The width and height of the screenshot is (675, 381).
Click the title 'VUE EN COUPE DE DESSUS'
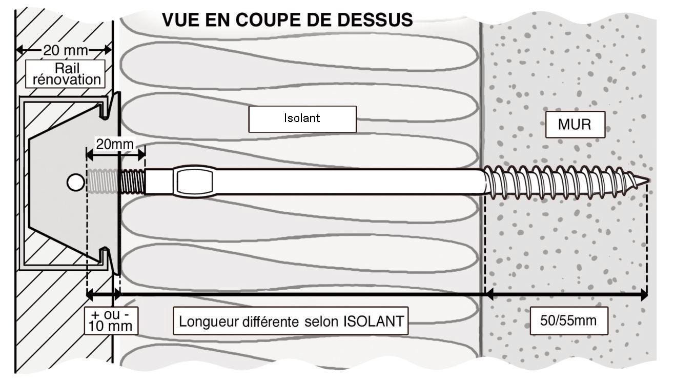pyautogui.click(x=288, y=20)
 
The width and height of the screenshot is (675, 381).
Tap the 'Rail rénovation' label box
pyautogui.click(x=65, y=74)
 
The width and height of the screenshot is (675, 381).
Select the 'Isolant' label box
pyautogui.click(x=302, y=119)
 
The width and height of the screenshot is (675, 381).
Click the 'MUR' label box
pyautogui.click(x=575, y=125)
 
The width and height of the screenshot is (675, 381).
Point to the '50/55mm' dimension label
pyautogui.click(x=569, y=320)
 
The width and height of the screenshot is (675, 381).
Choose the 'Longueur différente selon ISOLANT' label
pyautogui.click(x=291, y=321)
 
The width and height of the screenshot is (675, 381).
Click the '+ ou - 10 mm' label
pyautogui.click(x=111, y=320)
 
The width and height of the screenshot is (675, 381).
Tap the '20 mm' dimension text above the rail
pyautogui.click(x=66, y=50)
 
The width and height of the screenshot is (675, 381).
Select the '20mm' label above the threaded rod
pyautogui.click(x=114, y=144)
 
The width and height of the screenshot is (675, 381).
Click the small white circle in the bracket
pyautogui.click(x=75, y=183)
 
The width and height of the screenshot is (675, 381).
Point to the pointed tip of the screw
pyautogui.click(x=648, y=181)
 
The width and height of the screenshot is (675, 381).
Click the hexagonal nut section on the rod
pyautogui.click(x=195, y=182)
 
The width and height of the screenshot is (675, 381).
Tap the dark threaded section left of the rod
pyautogui.click(x=133, y=182)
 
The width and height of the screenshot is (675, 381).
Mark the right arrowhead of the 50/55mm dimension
pyautogui.click(x=643, y=294)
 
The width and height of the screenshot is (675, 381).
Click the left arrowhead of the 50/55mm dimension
pyautogui.click(x=489, y=294)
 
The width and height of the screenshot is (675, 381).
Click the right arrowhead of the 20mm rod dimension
pyautogui.click(x=141, y=156)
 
